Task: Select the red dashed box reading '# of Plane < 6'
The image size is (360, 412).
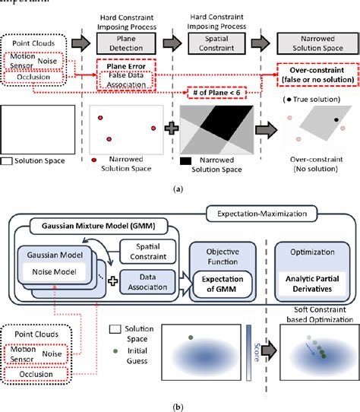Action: tap(222, 93)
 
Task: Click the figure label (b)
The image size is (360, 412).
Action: tap(180, 404)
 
